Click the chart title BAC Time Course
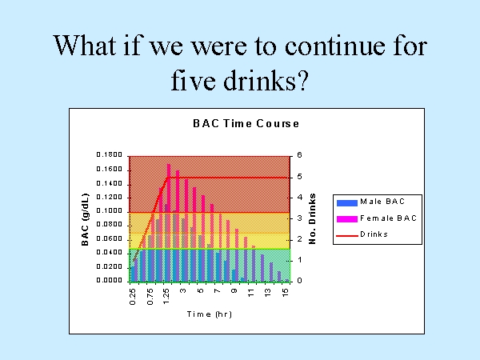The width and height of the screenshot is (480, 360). pos(246,123)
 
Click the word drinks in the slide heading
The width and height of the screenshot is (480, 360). pos(265,80)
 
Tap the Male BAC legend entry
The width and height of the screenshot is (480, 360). pos(370,202)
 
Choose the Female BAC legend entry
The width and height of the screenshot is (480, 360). pos(377,218)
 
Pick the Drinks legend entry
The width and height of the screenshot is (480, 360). pos(362,234)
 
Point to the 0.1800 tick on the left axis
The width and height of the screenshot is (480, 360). pos(110,154)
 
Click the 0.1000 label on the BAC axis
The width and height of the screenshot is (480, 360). pos(110,210)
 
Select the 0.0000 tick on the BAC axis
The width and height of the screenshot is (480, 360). pos(110,280)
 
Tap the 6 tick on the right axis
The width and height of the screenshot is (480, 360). pos(299,155)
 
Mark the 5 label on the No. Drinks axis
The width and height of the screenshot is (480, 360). pos(299,177)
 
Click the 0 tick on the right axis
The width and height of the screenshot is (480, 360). pos(299,281)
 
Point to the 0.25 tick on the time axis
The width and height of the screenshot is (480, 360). pos(133,298)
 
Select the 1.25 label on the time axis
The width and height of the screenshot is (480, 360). pos(166,298)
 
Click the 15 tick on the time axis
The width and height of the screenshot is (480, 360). pos(285,292)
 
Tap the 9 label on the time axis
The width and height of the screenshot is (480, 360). pos(234,290)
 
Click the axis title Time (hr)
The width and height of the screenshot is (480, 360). pos(210,314)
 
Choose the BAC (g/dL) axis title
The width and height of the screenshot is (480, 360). pos(85,219)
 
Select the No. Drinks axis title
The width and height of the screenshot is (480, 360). pos(312,218)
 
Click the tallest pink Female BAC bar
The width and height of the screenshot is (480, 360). pos(169,222)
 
